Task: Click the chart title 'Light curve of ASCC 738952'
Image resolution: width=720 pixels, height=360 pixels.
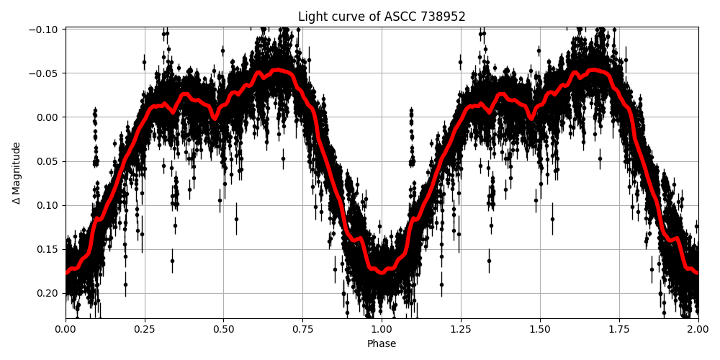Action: tap(382, 17)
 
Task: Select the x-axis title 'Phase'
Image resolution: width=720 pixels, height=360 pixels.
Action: tap(382, 344)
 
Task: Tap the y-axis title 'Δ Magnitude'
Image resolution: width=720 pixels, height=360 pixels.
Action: tap(16, 173)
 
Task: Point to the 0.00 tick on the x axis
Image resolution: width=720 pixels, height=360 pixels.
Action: tap(66, 329)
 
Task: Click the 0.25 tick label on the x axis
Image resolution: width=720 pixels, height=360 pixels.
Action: tap(145, 329)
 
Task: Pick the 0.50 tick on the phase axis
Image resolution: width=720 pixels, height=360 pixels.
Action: tap(223, 329)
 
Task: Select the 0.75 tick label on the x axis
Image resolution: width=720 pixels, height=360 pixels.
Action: tap(302, 329)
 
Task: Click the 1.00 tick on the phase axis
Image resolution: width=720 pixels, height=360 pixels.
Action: tap(382, 329)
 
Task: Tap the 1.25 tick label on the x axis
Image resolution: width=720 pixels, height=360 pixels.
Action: tap(461, 329)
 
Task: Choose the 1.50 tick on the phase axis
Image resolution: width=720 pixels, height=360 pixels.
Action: tap(540, 329)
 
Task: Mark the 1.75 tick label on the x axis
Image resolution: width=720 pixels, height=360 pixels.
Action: tap(618, 329)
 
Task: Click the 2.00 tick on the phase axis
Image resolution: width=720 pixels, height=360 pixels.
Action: tap(698, 329)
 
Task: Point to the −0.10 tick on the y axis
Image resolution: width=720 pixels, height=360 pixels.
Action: tap(45, 29)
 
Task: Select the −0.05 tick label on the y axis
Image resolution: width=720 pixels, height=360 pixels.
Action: tap(45, 73)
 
